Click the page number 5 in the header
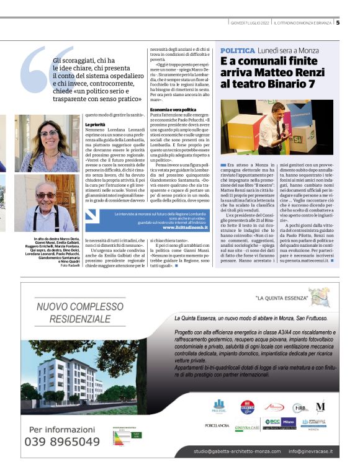pyautogui.click(x=338, y=23)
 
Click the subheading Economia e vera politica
pyautogui.click(x=171, y=110)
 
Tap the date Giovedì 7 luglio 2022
pyautogui.click(x=248, y=23)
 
